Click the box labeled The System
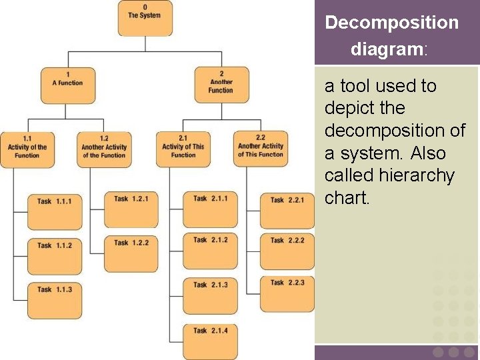(x=145, y=18)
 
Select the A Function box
(x=68, y=85)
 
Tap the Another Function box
(x=221, y=85)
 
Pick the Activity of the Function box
(x=27, y=149)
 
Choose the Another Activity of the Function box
(x=104, y=148)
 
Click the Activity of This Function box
(x=183, y=148)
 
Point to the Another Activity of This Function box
(x=261, y=148)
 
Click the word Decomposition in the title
(x=391, y=23)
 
